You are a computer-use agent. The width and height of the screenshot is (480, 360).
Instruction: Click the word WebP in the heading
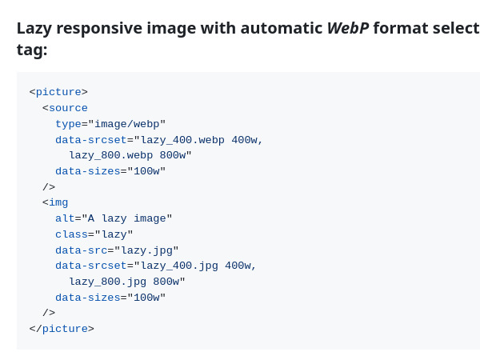tap(347, 28)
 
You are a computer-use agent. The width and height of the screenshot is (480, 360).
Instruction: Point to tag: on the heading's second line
tap(32, 50)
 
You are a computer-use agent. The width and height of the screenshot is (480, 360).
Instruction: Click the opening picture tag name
tap(58, 92)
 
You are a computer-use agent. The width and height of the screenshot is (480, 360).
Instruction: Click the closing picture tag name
tap(65, 329)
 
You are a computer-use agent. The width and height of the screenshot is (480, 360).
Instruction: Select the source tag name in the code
tap(68, 108)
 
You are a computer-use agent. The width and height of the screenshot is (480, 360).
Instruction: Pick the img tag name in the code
tap(58, 202)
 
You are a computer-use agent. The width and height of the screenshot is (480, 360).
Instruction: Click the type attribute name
tap(68, 124)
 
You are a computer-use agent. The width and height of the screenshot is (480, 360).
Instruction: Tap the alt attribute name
tap(65, 218)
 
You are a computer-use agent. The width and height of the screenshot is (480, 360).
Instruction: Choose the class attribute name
tap(71, 234)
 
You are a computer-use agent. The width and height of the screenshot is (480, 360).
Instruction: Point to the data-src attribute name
tap(81, 250)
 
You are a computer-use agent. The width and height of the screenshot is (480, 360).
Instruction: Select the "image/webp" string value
tap(127, 124)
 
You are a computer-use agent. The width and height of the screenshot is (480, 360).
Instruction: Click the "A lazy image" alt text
tap(127, 218)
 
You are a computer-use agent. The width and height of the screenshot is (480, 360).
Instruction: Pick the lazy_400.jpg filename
tap(177, 266)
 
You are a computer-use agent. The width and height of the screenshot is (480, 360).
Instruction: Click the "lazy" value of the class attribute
tap(114, 234)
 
